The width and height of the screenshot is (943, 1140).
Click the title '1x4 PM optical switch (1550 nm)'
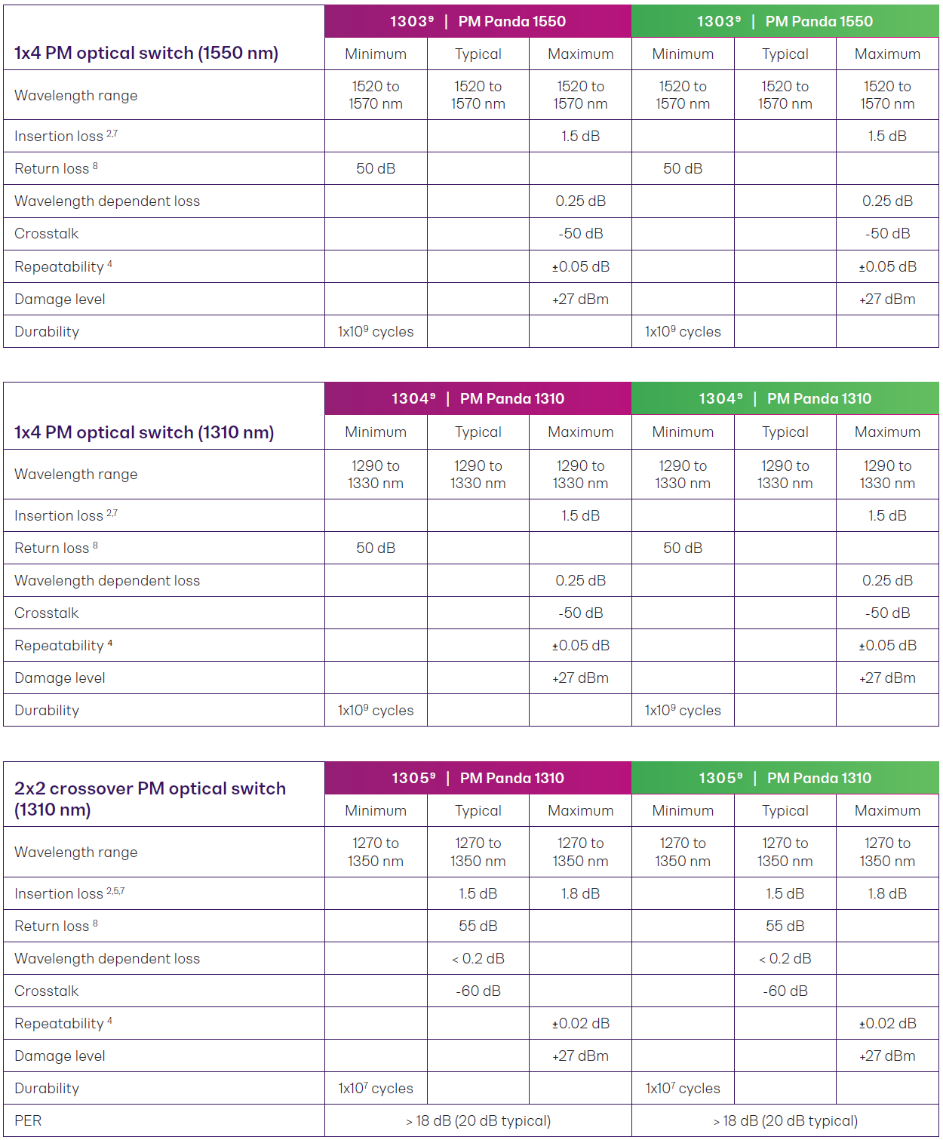[146, 53]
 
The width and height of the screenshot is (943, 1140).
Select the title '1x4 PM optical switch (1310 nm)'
[144, 432]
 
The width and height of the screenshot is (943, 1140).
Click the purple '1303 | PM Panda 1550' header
[478, 21]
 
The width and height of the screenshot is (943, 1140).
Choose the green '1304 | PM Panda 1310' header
[785, 398]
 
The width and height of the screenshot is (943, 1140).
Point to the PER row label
[28, 1120]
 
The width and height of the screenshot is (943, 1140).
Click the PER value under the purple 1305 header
[478, 1120]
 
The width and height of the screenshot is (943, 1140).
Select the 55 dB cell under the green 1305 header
[785, 926]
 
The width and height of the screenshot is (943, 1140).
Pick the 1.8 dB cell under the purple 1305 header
[580, 893]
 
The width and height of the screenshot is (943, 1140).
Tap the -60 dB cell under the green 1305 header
[785, 991]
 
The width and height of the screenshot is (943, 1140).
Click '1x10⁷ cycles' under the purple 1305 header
[376, 1088]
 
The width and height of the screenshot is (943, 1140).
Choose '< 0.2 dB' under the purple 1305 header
[478, 958]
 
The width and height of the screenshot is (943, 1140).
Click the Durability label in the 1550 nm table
[47, 331]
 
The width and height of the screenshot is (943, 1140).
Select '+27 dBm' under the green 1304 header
[887, 678]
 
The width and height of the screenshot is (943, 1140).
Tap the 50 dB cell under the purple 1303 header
[376, 168]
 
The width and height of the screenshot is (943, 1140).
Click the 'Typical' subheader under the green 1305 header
[785, 810]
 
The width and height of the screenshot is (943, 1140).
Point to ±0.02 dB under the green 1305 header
[887, 1023]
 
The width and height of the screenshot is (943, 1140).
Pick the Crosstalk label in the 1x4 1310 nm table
[47, 613]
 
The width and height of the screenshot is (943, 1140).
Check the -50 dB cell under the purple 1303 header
[580, 233]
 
